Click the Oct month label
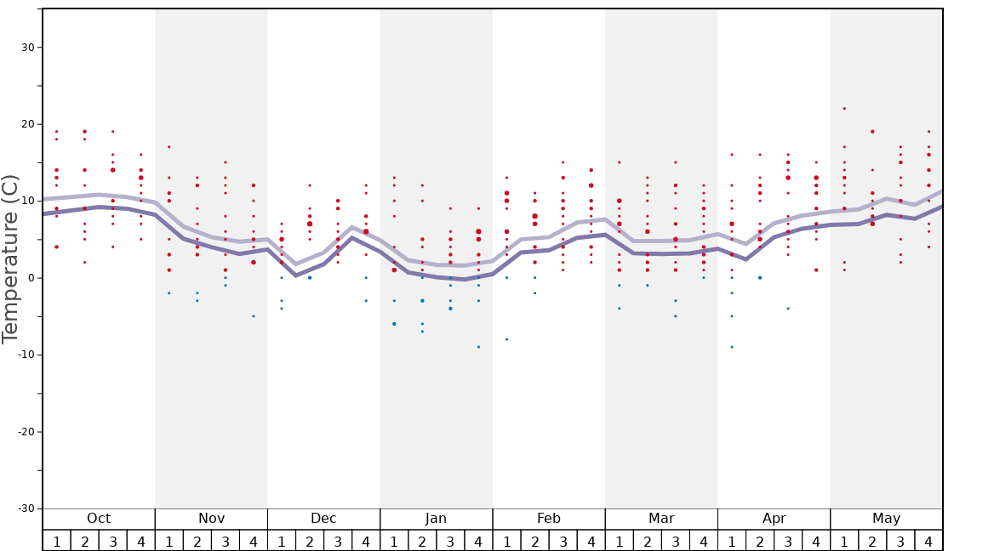(x=99, y=519)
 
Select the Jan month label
(x=436, y=519)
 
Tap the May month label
(x=886, y=519)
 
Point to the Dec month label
(x=323, y=519)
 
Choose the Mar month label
(x=661, y=519)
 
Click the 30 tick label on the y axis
(x=28, y=48)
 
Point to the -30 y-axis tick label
(x=26, y=508)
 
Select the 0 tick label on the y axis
(x=31, y=278)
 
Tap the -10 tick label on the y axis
(x=26, y=355)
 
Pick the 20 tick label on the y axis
(x=28, y=124)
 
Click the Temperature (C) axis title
(x=10, y=258)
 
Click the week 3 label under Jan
(x=450, y=542)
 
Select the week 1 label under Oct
(x=56, y=542)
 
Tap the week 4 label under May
(x=928, y=542)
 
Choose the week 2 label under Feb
(x=534, y=542)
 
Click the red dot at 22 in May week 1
(x=844, y=108)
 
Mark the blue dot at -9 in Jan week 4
(x=478, y=347)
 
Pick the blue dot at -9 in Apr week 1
(x=731, y=347)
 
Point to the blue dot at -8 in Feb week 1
(x=506, y=339)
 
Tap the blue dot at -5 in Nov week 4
(x=253, y=316)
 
